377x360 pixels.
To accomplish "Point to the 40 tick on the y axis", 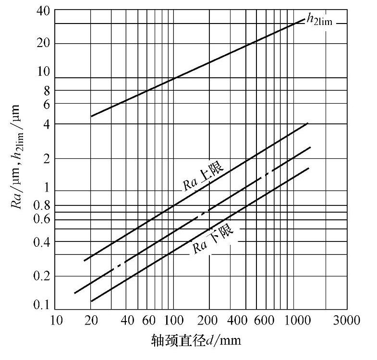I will coord(42,11).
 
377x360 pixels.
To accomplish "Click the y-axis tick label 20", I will coord(42,43).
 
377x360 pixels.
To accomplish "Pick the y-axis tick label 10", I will coord(42,72).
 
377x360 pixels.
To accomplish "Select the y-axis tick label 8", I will coord(45,90).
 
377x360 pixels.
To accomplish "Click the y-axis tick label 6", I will coord(45,103).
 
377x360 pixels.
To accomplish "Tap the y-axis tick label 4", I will coord(45,124).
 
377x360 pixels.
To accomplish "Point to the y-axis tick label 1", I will coord(45,188).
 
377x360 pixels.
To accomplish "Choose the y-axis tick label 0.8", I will coord(41,206).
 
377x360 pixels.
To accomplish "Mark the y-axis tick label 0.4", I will coord(41,241).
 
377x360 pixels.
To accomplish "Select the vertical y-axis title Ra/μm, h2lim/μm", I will coord(18,158).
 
